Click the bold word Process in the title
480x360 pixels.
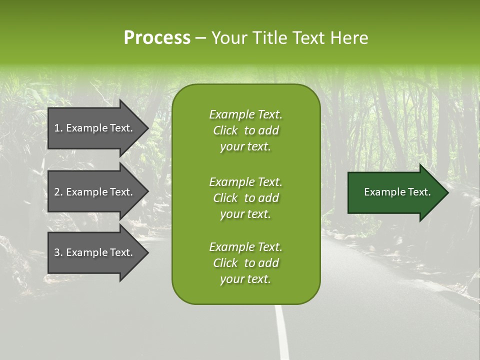(x=157, y=38)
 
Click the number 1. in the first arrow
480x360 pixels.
(x=58, y=128)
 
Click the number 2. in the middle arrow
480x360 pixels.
(x=58, y=192)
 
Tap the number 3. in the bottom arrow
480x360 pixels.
(x=58, y=252)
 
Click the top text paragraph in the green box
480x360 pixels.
(x=245, y=130)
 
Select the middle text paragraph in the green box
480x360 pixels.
(x=245, y=198)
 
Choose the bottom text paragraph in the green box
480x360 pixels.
(x=245, y=263)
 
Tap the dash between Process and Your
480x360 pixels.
(x=200, y=38)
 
